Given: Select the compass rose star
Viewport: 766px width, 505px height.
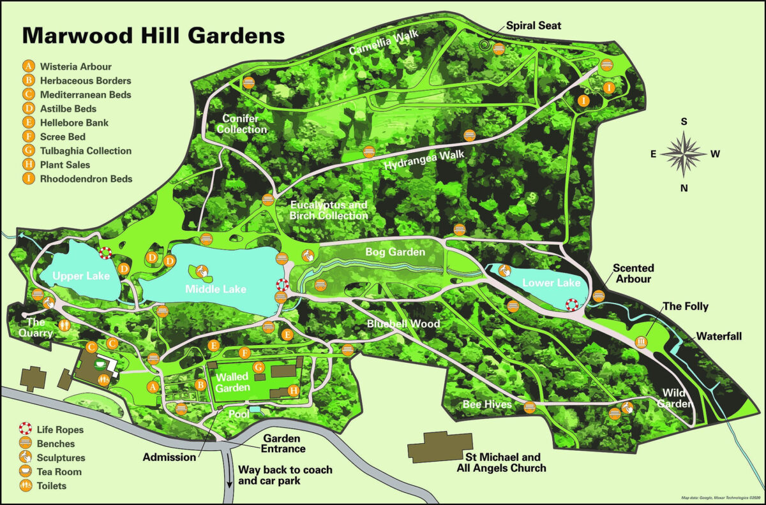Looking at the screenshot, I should pos(684,154).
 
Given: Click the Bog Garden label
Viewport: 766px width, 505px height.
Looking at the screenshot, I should pos(395,252).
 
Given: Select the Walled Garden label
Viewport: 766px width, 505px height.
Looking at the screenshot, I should pos(232,381).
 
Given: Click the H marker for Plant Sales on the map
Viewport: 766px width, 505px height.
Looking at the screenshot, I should pos(294,390).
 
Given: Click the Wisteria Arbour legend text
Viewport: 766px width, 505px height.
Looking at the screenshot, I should pos(75,66).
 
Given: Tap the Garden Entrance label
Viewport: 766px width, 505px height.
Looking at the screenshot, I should pos(284,444).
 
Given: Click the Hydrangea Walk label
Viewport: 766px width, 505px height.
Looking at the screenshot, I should pos(424,159).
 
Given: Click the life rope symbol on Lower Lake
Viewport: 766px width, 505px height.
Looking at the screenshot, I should pos(572,305).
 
